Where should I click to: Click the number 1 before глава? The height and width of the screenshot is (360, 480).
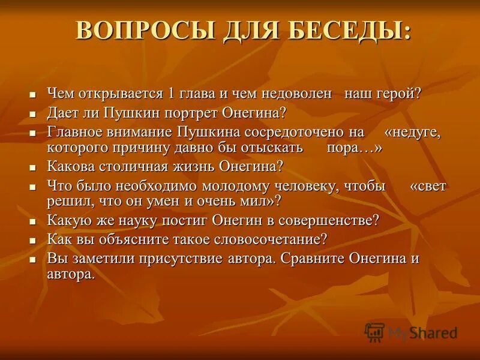point(172,94)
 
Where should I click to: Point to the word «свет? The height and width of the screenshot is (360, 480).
point(428,185)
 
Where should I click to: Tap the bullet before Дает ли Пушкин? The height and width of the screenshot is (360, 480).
point(34,113)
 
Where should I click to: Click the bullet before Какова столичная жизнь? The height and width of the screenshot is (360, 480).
point(34,167)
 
